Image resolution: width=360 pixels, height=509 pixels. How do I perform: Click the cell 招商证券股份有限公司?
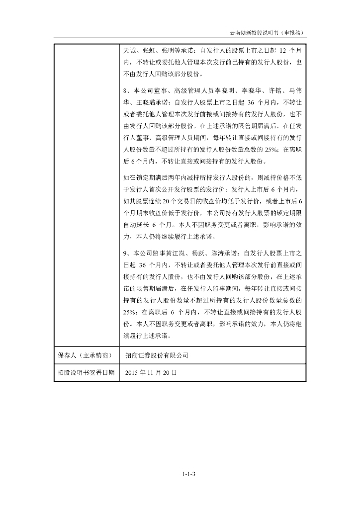click(x=157, y=356)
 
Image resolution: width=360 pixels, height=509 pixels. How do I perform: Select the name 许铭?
click(x=269, y=91)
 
